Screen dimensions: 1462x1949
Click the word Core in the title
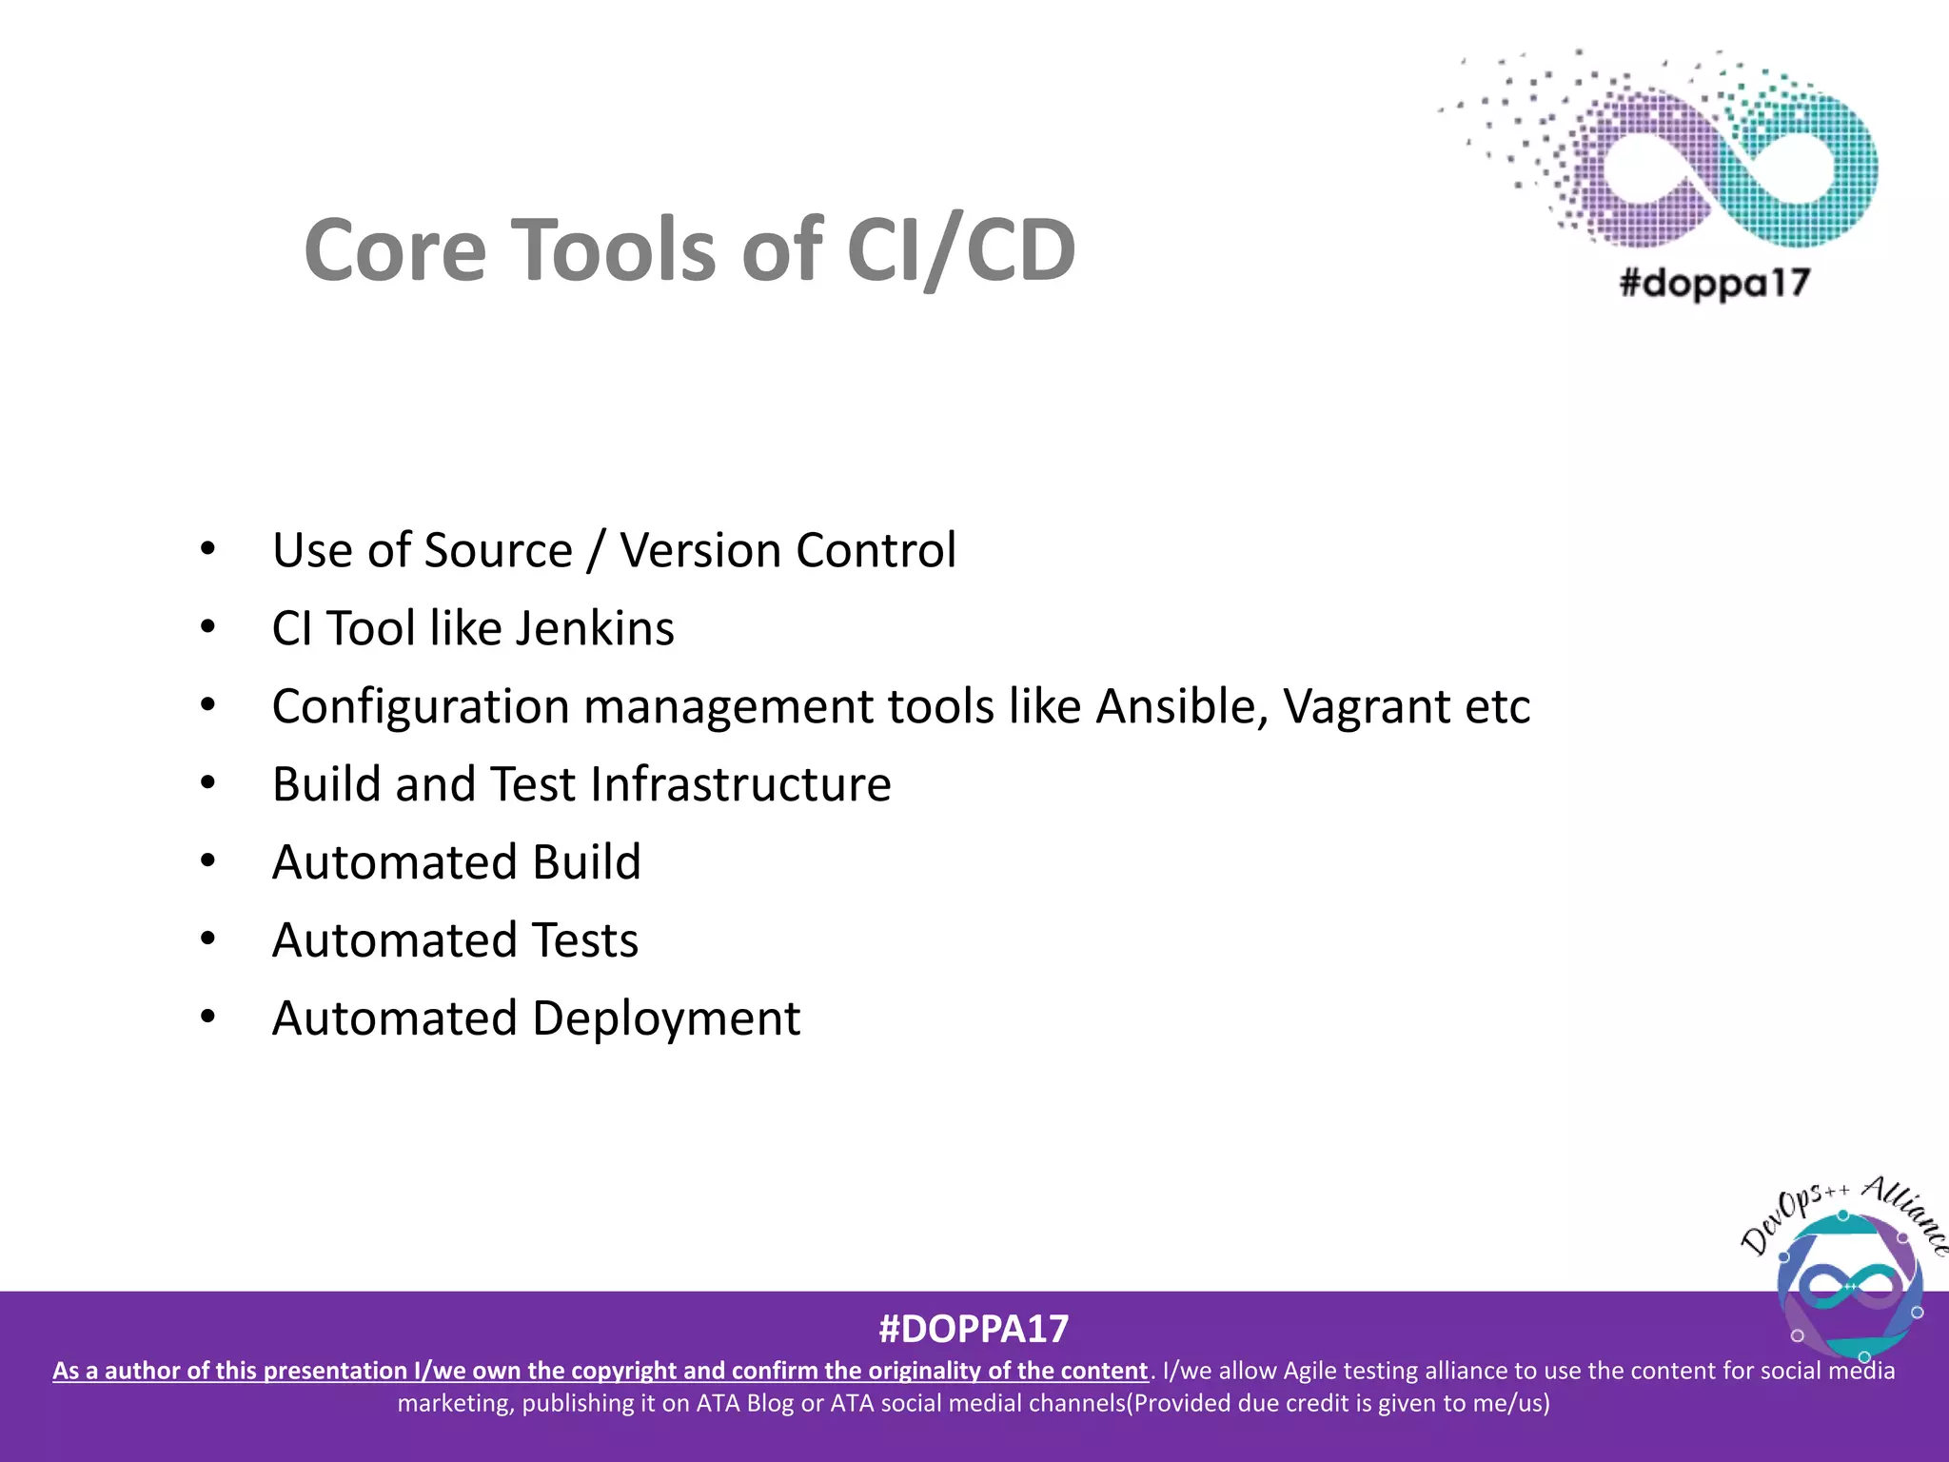click(x=395, y=249)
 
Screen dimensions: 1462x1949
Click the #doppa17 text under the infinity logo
click(x=1714, y=283)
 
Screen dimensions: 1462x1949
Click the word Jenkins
click(x=595, y=628)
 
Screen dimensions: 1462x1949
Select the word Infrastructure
click(x=739, y=784)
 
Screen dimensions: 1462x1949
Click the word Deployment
click(x=666, y=1019)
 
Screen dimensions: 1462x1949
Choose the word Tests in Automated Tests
click(x=584, y=940)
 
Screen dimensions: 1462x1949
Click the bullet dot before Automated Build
click(x=208, y=860)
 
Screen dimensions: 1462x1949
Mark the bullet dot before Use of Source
click(x=208, y=548)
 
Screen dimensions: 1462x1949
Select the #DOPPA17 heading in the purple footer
click(x=974, y=1329)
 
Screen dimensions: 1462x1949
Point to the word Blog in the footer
click(x=769, y=1403)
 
